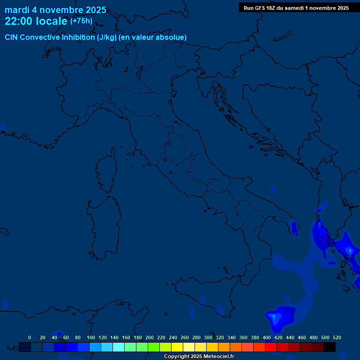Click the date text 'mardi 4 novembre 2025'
coord(55,10)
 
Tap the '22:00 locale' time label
coord(36,21)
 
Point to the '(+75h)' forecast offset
coord(81,21)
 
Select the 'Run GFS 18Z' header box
coord(296,8)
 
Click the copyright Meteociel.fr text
coord(199,356)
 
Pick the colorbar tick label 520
coord(337,337)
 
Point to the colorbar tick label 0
coord(30,337)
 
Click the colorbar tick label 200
coord(149,337)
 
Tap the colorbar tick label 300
coord(208,337)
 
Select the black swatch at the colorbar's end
coord(330,347)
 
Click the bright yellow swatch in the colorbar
coord(177,347)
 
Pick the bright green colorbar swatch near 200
coord(154,347)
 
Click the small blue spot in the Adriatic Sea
coord(274,189)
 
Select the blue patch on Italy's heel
coord(294,227)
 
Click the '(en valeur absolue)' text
coord(153,37)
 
